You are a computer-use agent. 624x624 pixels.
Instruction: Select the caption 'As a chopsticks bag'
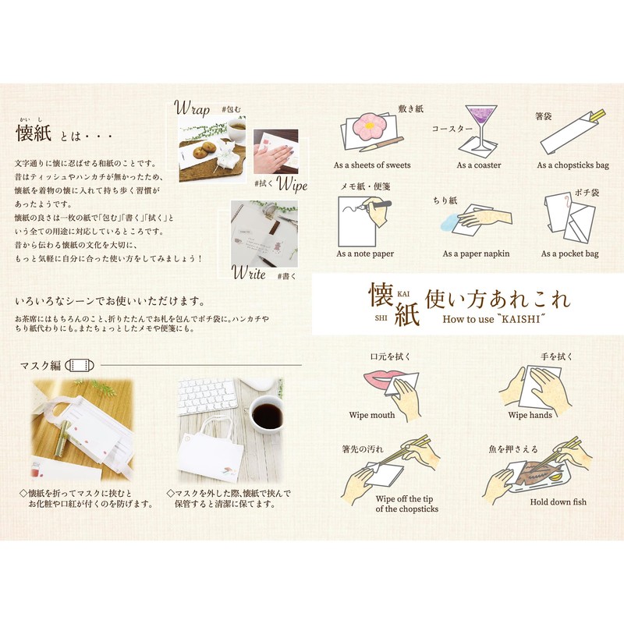tap(573, 165)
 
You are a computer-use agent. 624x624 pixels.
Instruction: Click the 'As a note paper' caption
tap(365, 253)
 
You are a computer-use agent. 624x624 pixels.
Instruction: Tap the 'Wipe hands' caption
tap(530, 415)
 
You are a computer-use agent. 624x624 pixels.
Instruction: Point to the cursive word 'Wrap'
tap(192, 107)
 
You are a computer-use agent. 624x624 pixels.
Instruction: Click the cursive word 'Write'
tap(249, 272)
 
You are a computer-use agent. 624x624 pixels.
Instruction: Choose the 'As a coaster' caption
tap(479, 165)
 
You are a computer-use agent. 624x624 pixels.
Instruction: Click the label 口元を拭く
tap(390, 356)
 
